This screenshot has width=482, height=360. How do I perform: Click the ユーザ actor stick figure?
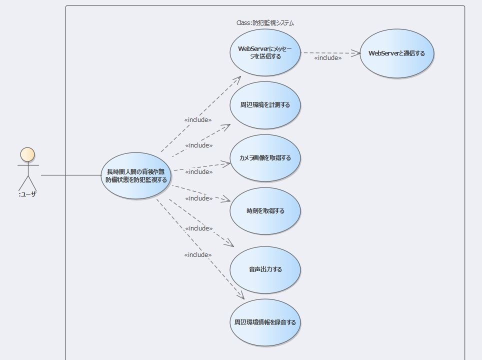[27, 170]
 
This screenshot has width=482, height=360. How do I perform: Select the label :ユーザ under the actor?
[27, 194]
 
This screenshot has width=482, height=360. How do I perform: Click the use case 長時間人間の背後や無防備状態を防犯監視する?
[136, 175]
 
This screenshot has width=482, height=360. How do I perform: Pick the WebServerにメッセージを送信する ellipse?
[265, 52]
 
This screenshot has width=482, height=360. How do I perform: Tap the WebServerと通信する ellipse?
[396, 53]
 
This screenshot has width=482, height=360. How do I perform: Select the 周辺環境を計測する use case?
[265, 105]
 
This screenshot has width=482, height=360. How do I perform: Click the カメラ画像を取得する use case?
[265, 158]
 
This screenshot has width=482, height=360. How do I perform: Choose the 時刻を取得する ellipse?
[265, 211]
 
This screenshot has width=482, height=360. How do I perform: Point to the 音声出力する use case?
[265, 269]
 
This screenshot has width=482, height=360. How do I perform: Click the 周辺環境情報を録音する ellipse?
[265, 322]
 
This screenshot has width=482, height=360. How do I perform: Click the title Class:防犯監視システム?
[265, 23]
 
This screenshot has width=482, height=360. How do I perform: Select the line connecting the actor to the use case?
[70, 175]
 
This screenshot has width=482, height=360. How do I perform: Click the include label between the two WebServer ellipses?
[328, 58]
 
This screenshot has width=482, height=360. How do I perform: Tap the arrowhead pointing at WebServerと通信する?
[356, 52]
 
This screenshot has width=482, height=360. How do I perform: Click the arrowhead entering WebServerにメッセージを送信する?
[237, 79]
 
